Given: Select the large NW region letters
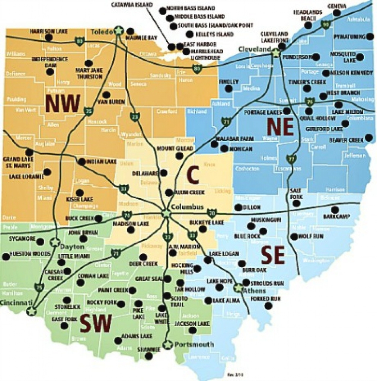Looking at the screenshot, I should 63,104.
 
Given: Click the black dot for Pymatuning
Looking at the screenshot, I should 370,36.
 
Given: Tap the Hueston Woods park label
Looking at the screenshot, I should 30,254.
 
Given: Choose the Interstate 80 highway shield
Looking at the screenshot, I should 197,69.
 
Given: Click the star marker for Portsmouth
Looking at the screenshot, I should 168,344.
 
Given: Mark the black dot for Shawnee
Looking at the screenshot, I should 149,356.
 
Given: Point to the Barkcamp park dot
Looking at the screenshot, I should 335,209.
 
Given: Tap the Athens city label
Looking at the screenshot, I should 254,291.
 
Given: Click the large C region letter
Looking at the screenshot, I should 192,176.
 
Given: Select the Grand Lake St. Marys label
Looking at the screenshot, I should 18,163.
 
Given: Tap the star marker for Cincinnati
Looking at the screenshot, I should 32,311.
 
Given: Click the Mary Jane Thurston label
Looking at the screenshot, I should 89,73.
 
